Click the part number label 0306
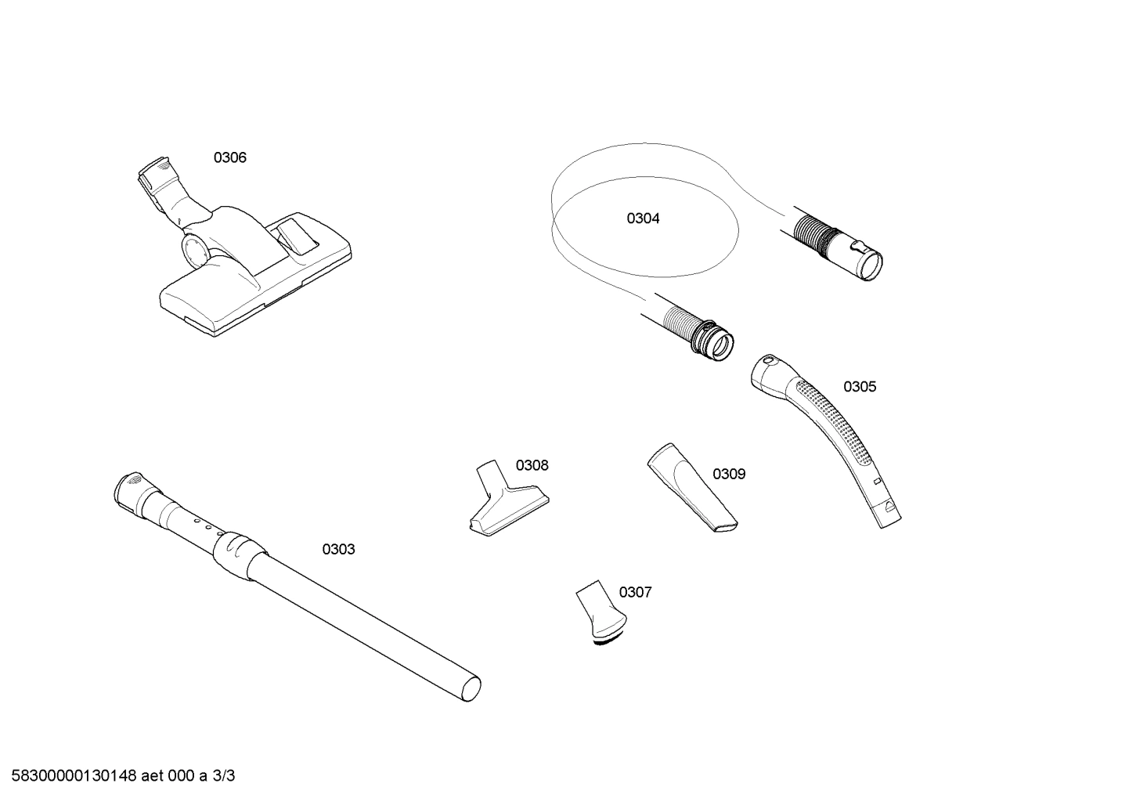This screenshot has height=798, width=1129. pos(230,158)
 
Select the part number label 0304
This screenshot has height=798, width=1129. pos(643,219)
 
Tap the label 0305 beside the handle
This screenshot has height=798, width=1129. pos(860,387)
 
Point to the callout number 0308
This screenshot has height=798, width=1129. pos(532,466)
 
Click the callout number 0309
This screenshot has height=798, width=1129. pos(729,475)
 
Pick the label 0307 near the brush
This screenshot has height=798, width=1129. pos(635,593)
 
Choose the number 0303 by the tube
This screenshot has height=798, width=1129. pos(338,550)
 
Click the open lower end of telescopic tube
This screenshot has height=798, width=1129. pos(469,689)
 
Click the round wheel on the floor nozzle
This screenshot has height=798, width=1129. pos(195,249)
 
